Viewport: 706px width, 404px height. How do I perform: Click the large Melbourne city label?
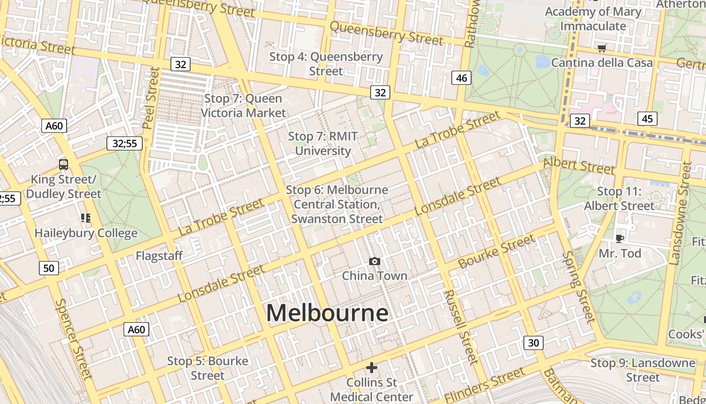(327, 313)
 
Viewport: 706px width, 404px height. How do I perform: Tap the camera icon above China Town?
(374, 261)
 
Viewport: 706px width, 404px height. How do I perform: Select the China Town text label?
(374, 276)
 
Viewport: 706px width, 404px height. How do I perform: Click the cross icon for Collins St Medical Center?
(372, 368)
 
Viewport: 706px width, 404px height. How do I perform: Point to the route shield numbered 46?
(461, 78)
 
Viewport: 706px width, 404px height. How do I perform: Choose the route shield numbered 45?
(647, 119)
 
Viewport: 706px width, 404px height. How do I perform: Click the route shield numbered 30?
(533, 343)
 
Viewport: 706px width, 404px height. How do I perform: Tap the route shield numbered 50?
(48, 268)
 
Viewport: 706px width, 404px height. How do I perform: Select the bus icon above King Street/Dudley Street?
(64, 164)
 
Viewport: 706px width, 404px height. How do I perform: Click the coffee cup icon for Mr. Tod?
(619, 238)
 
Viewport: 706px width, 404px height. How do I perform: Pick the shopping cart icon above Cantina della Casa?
(602, 48)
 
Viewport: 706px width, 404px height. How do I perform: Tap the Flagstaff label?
(159, 256)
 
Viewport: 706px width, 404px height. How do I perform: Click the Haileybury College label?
(86, 233)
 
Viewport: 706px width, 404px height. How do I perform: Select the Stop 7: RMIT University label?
(323, 143)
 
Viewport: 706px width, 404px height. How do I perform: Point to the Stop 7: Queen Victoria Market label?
(243, 106)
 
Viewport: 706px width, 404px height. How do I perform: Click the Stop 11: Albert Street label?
(619, 198)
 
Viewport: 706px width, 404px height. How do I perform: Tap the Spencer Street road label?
(73, 338)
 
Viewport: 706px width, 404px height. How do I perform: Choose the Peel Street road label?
(151, 98)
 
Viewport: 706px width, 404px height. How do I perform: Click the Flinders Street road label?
(484, 385)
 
